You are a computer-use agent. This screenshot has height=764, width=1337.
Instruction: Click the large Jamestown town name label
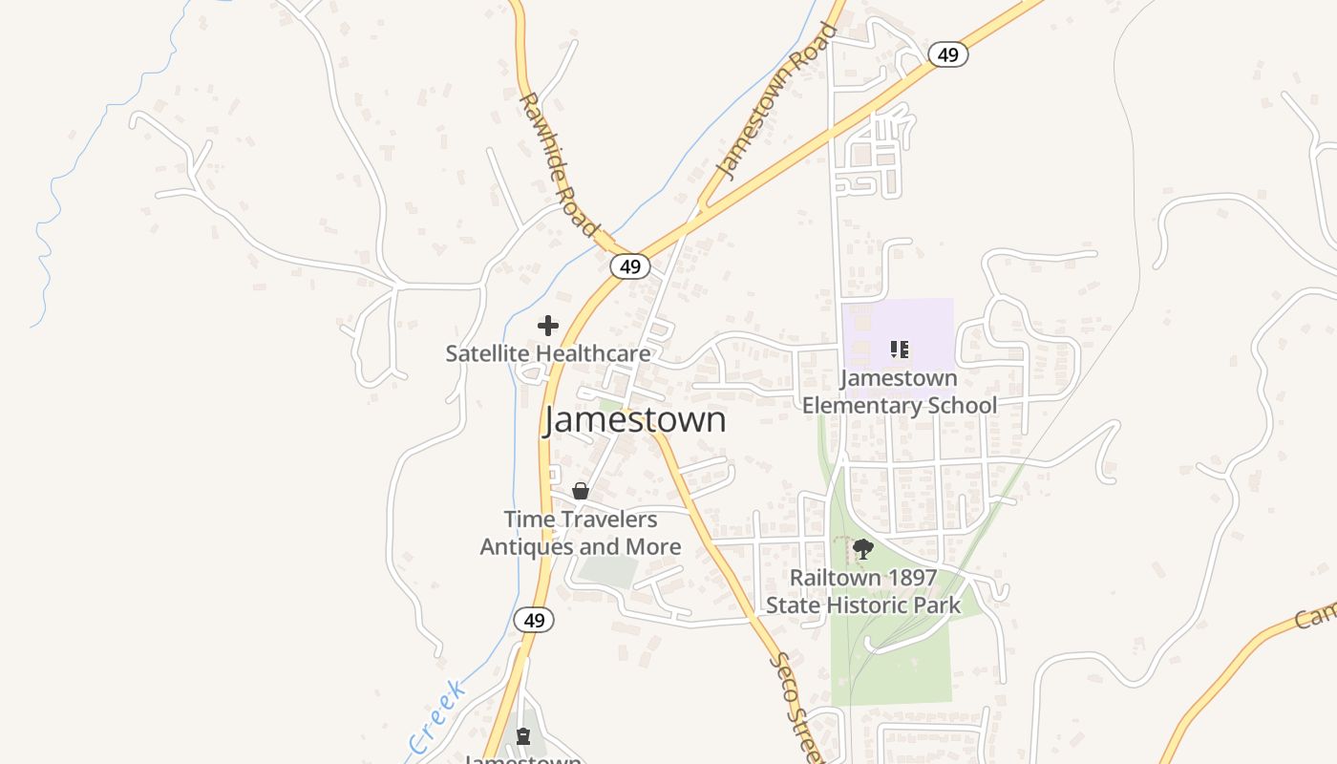(635, 420)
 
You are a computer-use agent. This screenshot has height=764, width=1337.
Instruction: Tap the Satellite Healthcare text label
(548, 353)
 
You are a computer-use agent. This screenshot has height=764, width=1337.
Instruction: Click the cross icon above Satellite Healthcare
(548, 326)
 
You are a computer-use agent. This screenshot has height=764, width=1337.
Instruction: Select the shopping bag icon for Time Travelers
(580, 491)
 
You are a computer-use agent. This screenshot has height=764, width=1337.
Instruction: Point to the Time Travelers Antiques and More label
(581, 533)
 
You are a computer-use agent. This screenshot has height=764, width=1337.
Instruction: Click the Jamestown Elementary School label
(899, 392)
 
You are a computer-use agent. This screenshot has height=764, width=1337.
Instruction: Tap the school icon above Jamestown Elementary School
(899, 350)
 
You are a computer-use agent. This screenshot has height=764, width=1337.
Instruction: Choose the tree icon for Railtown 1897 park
(863, 549)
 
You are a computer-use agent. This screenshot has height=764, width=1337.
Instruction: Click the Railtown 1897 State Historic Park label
(863, 592)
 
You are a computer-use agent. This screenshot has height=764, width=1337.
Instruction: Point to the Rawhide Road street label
(559, 164)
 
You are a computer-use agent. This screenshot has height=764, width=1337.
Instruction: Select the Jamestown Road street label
(775, 103)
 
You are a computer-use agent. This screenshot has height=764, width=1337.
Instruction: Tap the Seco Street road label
(795, 707)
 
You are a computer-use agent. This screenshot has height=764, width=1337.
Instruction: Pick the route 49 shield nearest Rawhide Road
(629, 266)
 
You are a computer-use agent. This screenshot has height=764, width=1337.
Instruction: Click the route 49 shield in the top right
(947, 54)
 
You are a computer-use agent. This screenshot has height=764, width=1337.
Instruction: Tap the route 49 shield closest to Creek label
(534, 620)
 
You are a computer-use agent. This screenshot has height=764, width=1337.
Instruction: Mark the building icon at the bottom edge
(522, 736)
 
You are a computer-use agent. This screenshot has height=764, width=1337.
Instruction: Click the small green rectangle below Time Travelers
(607, 571)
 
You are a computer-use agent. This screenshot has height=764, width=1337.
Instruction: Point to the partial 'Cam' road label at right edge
(1316, 611)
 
